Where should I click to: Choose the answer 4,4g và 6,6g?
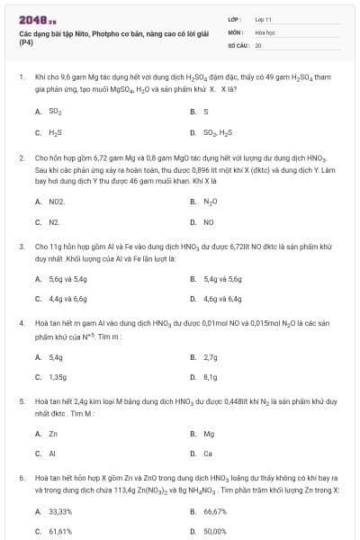[x=67, y=298]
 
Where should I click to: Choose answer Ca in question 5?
[x=208, y=454]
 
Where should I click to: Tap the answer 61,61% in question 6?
[x=59, y=531]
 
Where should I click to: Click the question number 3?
[x=21, y=245]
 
